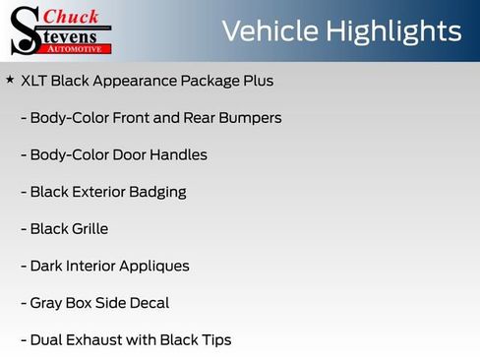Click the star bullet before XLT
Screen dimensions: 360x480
[10, 80]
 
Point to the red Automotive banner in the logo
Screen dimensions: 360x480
[80, 48]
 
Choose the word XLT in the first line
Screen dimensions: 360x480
[35, 81]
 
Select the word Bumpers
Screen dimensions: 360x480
[251, 118]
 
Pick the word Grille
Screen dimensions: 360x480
[89, 229]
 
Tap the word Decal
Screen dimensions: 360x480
[148, 303]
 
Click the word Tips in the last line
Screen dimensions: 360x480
[213, 340]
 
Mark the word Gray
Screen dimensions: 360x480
[48, 303]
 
